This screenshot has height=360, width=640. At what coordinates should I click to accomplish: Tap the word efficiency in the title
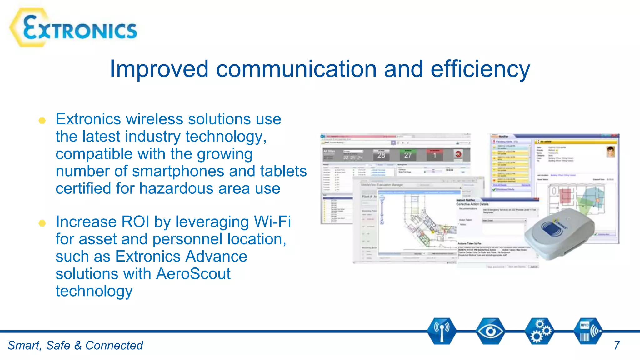click(480, 69)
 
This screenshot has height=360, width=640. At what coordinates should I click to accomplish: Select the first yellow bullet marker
click(42, 121)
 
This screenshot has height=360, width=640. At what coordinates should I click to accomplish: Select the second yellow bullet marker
click(42, 223)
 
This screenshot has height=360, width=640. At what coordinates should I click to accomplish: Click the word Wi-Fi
click(272, 222)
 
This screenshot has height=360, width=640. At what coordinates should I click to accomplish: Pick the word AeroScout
click(193, 274)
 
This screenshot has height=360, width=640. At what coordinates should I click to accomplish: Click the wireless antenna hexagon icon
click(441, 331)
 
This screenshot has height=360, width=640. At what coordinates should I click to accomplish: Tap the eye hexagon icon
click(490, 331)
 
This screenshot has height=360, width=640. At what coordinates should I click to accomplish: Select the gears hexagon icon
click(539, 331)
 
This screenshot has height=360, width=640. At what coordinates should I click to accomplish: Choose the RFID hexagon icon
click(588, 331)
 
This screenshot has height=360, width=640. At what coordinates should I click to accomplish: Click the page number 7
click(617, 345)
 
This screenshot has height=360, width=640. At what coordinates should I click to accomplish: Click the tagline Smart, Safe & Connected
click(75, 345)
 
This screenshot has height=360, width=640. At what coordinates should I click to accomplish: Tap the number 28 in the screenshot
click(381, 155)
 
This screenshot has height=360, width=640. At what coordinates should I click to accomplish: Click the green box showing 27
click(408, 155)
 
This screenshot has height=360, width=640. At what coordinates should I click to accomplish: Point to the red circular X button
click(458, 154)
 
